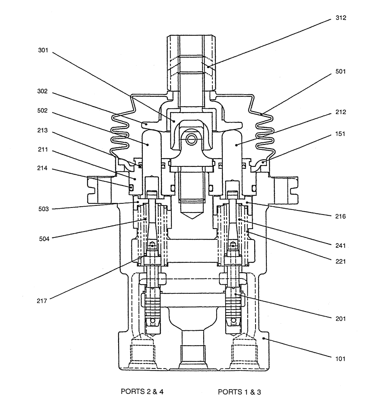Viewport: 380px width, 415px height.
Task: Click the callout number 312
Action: tap(341, 18)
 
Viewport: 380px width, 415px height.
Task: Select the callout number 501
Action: tap(341, 71)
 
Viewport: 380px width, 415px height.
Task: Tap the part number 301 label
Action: tap(43, 51)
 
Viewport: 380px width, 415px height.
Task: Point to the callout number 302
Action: tap(43, 91)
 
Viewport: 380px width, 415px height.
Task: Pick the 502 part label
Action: tap(43, 111)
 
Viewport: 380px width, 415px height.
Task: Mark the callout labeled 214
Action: tap(43, 169)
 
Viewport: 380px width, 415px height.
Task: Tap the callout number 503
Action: tap(43, 209)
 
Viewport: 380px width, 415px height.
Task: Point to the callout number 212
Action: tap(341, 112)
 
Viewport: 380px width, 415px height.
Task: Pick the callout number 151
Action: tap(341, 134)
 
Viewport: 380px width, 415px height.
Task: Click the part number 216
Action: tap(341, 216)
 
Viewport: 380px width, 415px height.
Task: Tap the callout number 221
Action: tap(341, 261)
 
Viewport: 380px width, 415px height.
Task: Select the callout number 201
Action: tap(341, 319)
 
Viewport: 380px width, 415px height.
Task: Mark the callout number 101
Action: tap(341, 358)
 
